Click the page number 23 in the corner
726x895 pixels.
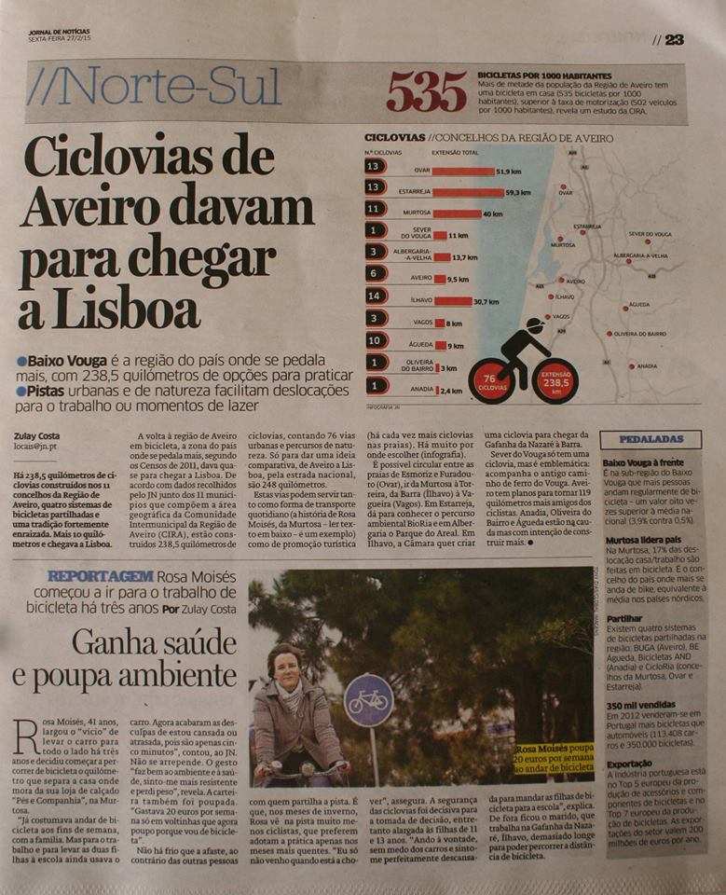(674, 39)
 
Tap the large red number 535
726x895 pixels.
(426, 92)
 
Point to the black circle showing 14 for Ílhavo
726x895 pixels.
(373, 297)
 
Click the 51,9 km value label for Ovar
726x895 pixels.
(508, 172)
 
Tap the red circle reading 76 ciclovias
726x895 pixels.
(490, 382)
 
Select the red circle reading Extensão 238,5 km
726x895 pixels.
(555, 382)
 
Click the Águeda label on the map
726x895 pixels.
(639, 304)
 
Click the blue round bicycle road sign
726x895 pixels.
(368, 700)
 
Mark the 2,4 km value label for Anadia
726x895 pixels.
(451, 391)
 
